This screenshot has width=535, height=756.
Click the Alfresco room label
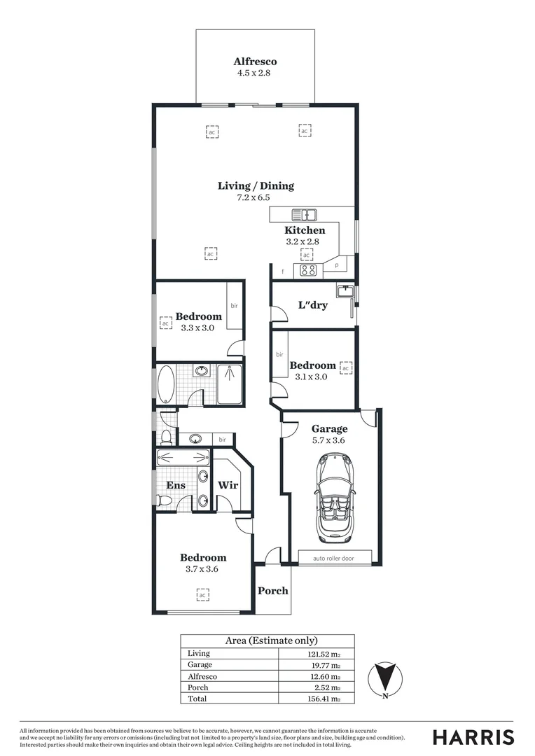[x=255, y=62]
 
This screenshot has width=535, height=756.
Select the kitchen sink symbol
[x=305, y=214]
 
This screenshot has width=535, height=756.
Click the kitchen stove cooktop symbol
[x=308, y=269]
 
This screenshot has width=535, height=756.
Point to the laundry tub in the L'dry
[x=343, y=290]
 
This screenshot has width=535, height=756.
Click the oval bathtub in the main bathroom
[x=166, y=384]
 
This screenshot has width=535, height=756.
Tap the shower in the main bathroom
[x=229, y=384]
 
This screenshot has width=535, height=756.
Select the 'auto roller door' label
[x=333, y=558]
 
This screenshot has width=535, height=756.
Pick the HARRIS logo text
[x=473, y=737]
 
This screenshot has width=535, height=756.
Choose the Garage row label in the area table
[x=200, y=665]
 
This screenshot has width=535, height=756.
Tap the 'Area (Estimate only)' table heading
[x=271, y=640]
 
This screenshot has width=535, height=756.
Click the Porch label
[x=273, y=590]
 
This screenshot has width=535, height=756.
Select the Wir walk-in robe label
[x=228, y=485]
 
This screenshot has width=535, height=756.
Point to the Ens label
[x=175, y=485]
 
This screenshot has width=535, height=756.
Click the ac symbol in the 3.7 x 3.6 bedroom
[x=202, y=594]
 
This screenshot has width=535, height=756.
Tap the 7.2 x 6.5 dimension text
[x=253, y=197]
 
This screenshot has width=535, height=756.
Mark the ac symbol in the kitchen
[x=307, y=254]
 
